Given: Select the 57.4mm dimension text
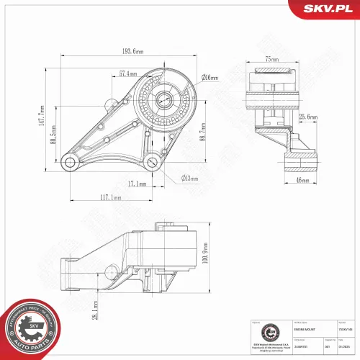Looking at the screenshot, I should point(127,73).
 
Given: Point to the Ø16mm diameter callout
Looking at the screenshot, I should point(210,77).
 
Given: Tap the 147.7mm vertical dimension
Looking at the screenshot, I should point(42,114).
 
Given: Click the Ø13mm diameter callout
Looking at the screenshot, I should point(190,178).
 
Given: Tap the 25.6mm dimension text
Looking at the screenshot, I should point(308,116).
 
